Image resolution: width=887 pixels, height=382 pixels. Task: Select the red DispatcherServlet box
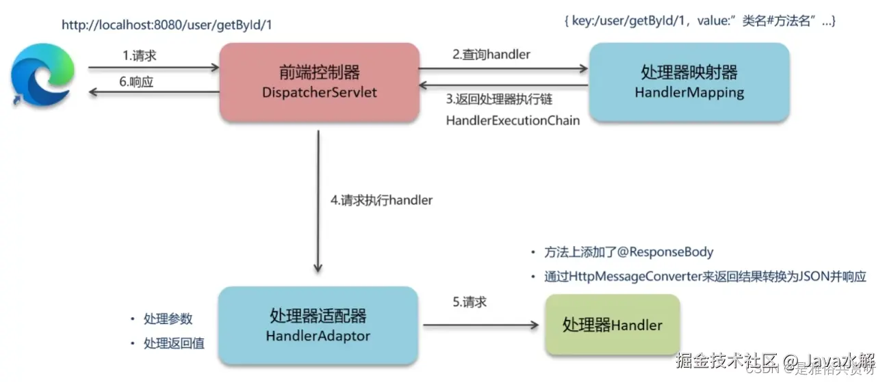pos(319,82)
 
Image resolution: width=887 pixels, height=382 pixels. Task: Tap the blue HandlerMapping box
pos(689,82)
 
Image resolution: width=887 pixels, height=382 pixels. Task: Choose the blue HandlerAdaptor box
pos(318,325)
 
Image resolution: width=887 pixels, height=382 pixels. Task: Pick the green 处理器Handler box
pos(612,324)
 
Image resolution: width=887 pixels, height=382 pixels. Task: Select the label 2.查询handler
pos(490,55)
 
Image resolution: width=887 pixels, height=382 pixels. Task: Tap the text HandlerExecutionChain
pos(513,120)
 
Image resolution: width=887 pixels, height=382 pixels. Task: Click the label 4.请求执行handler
pos(381,201)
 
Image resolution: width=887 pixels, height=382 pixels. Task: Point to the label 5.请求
pos(470,301)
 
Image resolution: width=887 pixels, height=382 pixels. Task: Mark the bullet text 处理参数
pos(168,319)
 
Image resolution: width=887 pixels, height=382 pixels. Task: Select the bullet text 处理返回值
pos(174,343)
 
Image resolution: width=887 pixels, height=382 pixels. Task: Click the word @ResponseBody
pos(666,252)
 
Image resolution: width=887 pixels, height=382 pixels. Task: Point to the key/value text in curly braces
pos(700,22)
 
